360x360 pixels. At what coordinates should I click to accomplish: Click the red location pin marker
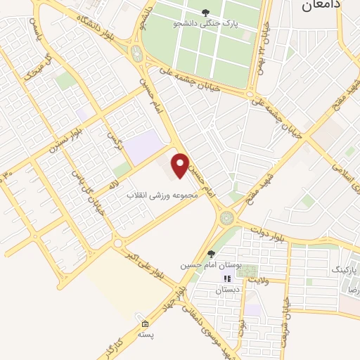[181, 164]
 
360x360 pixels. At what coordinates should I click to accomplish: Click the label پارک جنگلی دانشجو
[207, 22]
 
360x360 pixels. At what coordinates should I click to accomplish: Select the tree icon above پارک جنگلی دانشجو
[205, 11]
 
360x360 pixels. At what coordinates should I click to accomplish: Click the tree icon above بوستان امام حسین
[211, 254]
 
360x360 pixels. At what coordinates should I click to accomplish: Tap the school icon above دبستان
[227, 278]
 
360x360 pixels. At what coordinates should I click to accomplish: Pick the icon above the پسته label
[145, 325]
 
